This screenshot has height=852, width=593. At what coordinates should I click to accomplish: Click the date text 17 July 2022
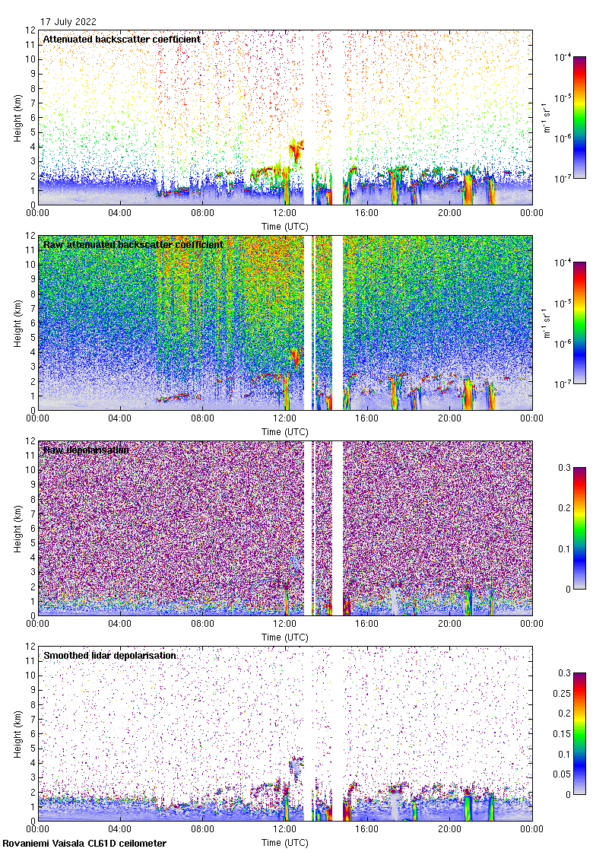[x=68, y=22]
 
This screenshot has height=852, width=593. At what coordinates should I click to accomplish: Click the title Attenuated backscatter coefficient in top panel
[x=122, y=39]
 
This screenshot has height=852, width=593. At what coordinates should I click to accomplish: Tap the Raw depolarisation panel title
[x=86, y=450]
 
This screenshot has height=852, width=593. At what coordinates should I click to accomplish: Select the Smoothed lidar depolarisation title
[x=110, y=655]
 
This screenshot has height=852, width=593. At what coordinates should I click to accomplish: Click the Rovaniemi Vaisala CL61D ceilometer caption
[x=84, y=844]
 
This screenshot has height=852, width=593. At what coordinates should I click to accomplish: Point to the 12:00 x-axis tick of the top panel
[x=284, y=214]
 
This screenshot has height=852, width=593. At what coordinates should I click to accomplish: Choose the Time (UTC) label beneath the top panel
[x=284, y=226]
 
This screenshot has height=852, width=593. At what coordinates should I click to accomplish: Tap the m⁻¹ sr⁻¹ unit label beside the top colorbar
[x=547, y=118]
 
